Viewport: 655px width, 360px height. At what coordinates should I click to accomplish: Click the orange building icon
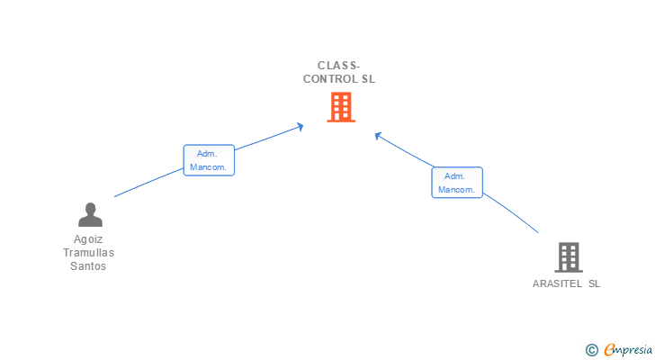(x=340, y=107)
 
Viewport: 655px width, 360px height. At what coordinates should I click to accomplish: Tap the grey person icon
(x=90, y=214)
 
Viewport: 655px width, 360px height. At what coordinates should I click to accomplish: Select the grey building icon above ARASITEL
(x=568, y=257)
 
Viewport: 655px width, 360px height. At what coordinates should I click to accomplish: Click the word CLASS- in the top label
(x=339, y=65)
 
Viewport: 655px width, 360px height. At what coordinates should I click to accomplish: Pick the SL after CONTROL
(x=368, y=78)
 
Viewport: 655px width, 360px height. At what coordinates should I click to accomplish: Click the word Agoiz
(x=88, y=239)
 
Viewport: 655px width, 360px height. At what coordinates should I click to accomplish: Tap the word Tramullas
(x=89, y=253)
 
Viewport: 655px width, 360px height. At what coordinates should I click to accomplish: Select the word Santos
(x=88, y=266)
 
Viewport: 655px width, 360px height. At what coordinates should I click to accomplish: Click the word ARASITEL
(x=557, y=283)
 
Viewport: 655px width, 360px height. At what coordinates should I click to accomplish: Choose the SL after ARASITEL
(x=594, y=283)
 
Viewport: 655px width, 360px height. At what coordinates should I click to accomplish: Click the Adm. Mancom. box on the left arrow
(x=209, y=160)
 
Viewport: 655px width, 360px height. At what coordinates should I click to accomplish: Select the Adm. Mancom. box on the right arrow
(x=457, y=183)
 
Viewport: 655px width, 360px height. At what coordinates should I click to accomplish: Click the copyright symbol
(x=591, y=349)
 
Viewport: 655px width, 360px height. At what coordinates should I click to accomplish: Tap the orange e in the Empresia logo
(x=609, y=349)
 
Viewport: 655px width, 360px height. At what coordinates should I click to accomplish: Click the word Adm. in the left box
(x=207, y=154)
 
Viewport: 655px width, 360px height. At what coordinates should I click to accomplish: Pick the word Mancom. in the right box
(x=457, y=190)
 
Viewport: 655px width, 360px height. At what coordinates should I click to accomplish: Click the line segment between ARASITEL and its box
(x=513, y=214)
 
